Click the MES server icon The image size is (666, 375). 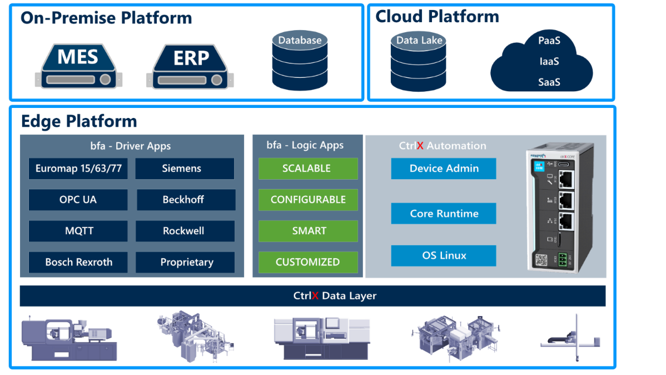[78, 66]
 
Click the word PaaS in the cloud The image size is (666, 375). [549, 41]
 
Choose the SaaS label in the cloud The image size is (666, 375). [549, 82]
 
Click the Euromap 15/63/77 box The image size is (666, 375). [78, 169]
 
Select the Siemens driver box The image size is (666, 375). [185, 169]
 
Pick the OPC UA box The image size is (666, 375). [78, 200]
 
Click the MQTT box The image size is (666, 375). [78, 231]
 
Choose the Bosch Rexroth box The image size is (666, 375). [78, 262]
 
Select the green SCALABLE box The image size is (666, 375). [308, 169]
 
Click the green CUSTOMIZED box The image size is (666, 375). [308, 262]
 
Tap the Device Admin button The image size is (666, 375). [444, 169]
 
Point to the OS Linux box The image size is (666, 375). [444, 256]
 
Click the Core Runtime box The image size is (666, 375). [444, 214]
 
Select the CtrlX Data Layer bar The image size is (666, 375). [312, 296]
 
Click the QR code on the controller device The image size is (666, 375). [541, 260]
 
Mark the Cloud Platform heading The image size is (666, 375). [437, 17]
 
